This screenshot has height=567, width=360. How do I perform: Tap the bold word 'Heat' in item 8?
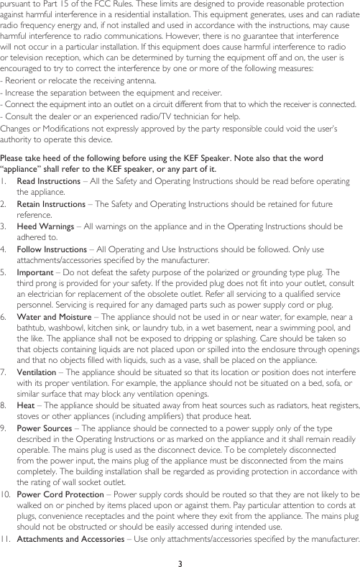(x=25, y=405)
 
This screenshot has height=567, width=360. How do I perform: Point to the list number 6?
(x=4, y=316)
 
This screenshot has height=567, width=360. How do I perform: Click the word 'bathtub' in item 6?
(x=29, y=327)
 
